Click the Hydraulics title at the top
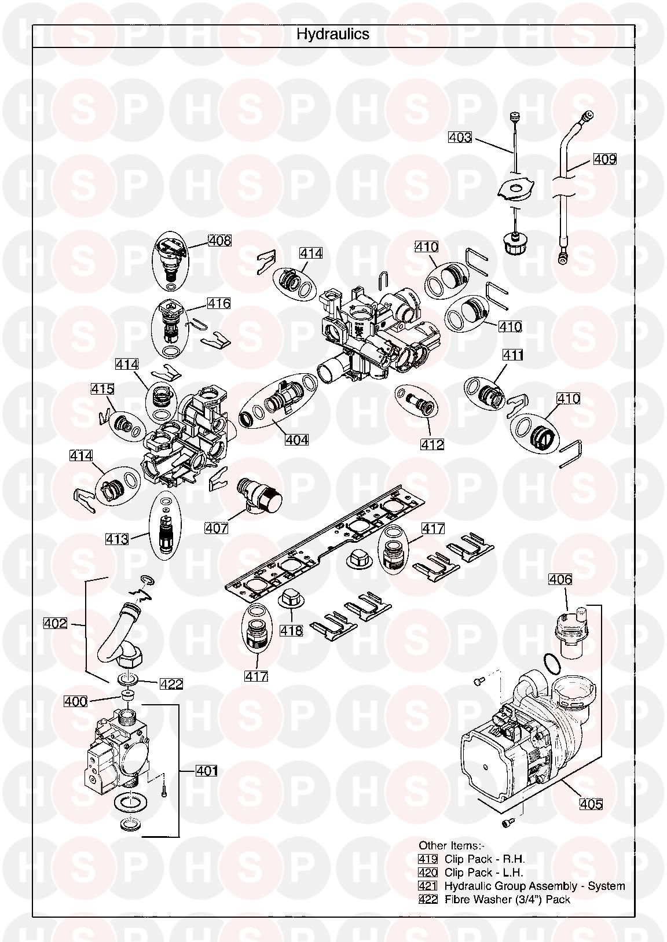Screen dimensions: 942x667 (333, 34)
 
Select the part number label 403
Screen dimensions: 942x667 (460, 138)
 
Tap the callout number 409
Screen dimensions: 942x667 (604, 159)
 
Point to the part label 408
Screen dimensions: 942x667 (219, 240)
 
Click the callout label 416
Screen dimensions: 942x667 (219, 303)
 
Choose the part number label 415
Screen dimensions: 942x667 (102, 389)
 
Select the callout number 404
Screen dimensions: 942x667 (296, 440)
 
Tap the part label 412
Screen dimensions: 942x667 (433, 444)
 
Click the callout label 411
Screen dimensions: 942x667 (512, 355)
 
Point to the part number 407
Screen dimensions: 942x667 (216, 528)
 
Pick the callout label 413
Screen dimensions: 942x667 (117, 539)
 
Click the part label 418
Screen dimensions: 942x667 (291, 631)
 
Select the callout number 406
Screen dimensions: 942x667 (560, 579)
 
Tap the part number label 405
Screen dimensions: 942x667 (591, 804)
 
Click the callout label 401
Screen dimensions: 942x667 (207, 771)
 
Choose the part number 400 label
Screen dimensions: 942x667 (75, 702)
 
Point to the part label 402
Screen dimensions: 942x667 (56, 624)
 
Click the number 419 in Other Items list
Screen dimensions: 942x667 (428, 859)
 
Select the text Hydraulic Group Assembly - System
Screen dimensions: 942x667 (534, 886)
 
